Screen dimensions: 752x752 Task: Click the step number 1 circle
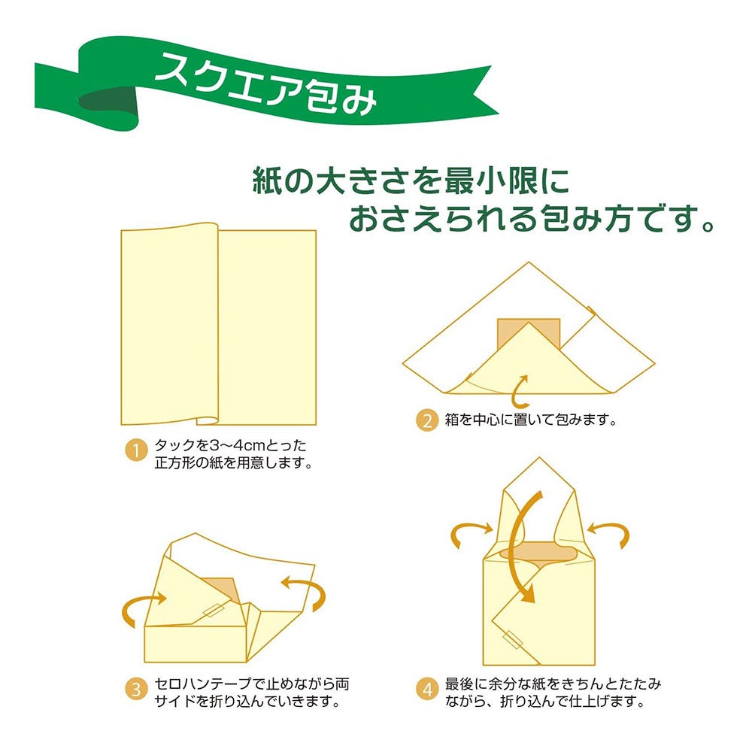coord(136,451)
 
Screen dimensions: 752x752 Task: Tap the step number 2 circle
coord(427,420)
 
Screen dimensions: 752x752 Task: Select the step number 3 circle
coord(136,689)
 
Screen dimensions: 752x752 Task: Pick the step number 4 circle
coord(427,689)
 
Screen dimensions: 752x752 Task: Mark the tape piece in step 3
coord(214,610)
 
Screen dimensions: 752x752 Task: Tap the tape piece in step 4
coord(513,640)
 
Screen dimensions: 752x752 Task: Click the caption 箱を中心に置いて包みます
coord(530,420)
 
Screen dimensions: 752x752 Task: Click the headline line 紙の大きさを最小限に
coord(411,180)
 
